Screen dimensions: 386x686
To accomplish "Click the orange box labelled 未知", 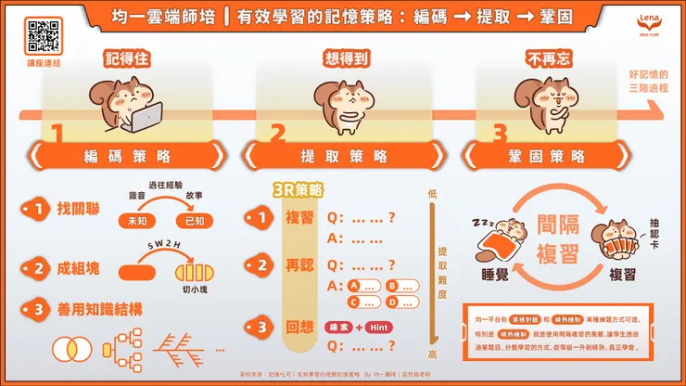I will click(x=137, y=221).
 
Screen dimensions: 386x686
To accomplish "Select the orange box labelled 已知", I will click(x=196, y=221).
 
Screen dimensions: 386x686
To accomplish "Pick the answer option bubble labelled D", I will click(x=403, y=302).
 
